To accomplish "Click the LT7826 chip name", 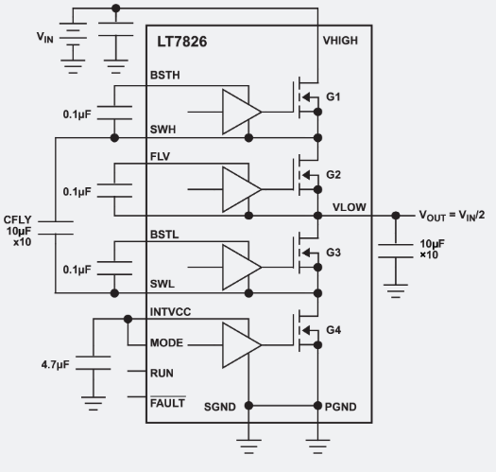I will pyautogui.click(x=182, y=44).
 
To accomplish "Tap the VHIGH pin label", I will pyautogui.click(x=339, y=41).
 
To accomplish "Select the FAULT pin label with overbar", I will pyautogui.click(x=168, y=405).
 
